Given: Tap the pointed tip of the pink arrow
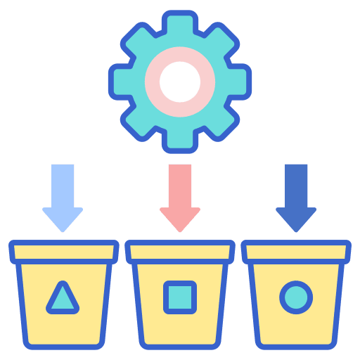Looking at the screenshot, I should (180, 227).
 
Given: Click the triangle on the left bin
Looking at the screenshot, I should (63, 298).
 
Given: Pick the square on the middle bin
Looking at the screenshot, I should (180, 297).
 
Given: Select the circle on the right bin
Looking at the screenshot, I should (296, 297).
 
